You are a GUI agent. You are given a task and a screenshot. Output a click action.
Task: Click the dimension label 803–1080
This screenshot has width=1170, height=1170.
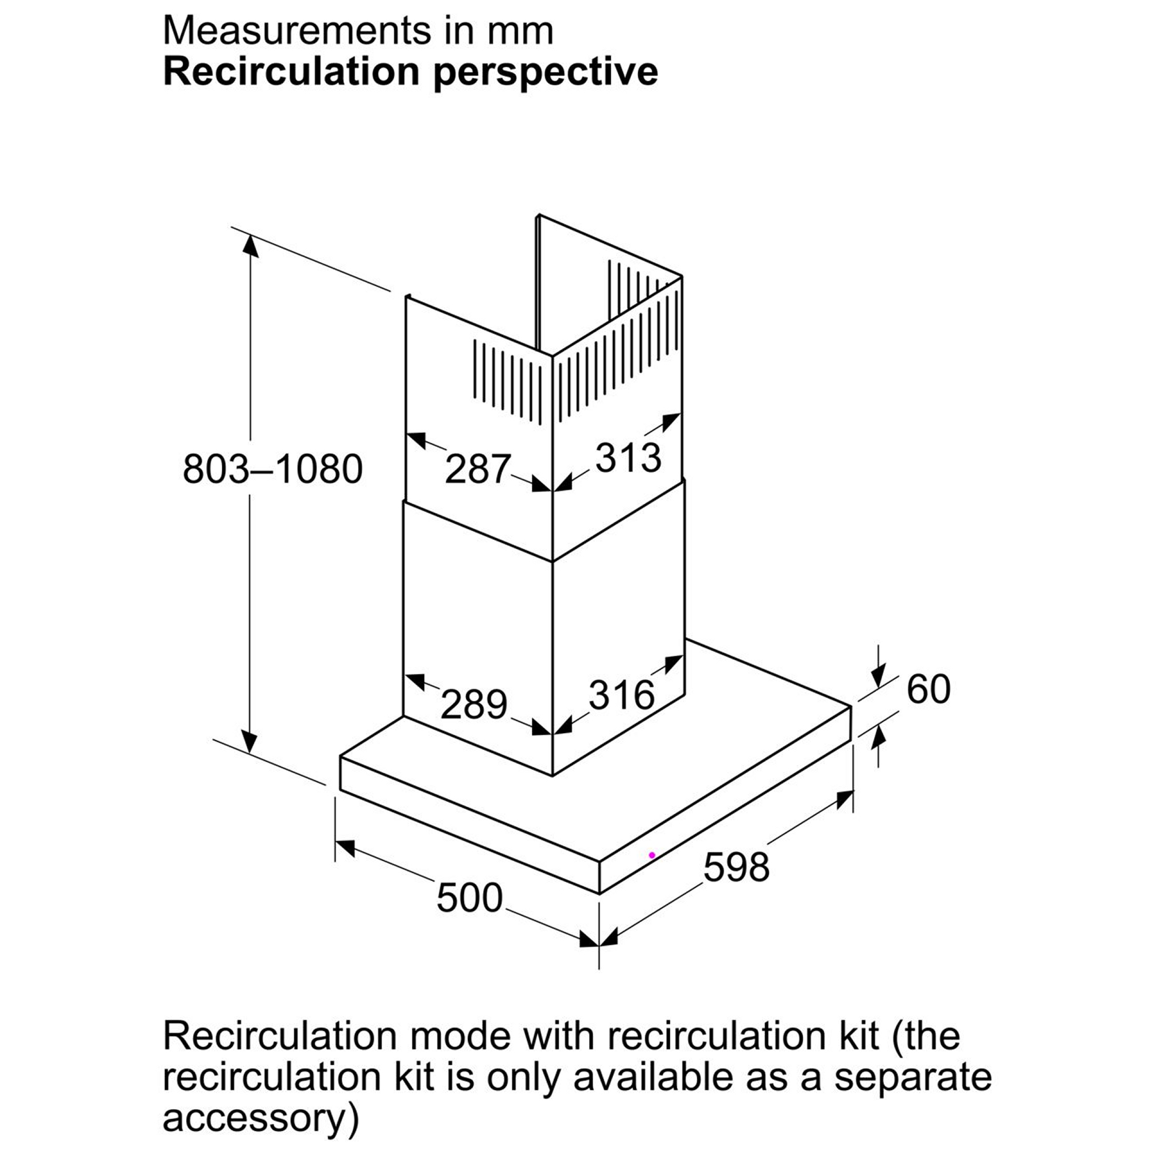[x=273, y=469]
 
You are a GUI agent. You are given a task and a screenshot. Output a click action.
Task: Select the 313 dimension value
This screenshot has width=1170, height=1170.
[x=628, y=457]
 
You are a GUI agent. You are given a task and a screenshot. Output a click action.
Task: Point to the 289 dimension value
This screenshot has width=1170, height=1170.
[x=474, y=704]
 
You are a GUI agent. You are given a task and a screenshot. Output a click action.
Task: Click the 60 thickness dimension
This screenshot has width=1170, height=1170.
[x=928, y=689]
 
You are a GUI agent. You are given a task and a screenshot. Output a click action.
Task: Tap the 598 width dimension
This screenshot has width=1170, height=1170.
[x=736, y=866]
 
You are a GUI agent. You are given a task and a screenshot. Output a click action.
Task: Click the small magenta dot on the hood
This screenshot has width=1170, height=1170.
[x=652, y=855]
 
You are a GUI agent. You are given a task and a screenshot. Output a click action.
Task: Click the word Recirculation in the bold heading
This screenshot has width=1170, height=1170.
[x=291, y=71]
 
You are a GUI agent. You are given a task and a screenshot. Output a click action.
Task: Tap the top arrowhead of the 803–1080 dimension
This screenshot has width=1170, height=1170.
[x=250, y=246]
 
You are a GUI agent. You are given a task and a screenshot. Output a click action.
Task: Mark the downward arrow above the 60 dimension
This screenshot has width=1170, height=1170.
[x=879, y=669]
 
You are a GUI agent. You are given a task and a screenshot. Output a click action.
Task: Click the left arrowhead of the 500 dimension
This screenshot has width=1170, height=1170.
[x=345, y=847]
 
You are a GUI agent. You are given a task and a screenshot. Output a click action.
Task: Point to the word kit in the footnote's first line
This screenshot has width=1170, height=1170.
[x=856, y=1037]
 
